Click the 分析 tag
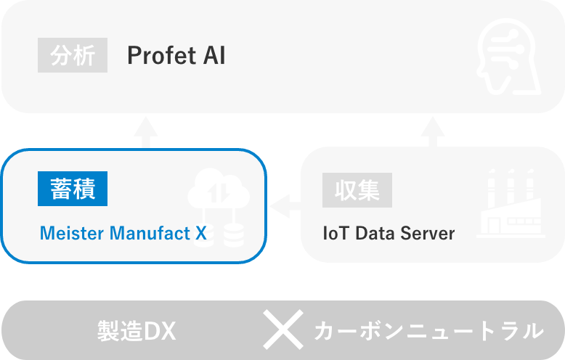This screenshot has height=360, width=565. (x=73, y=55)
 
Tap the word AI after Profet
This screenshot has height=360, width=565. (x=211, y=56)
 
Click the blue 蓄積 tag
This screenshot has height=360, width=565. (x=73, y=189)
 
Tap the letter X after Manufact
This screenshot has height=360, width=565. (x=201, y=234)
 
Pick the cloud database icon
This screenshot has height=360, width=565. (x=218, y=205)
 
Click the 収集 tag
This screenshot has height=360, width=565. (x=357, y=190)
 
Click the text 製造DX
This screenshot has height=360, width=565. (x=137, y=332)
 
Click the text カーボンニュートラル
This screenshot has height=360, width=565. (x=428, y=332)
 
